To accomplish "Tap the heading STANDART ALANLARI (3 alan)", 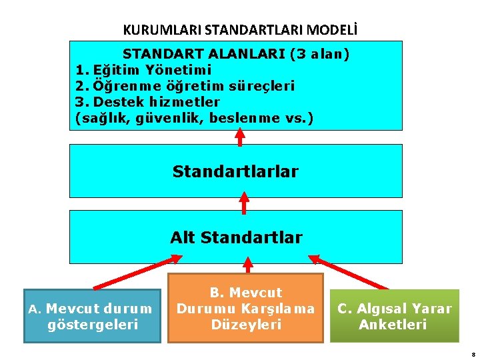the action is point(236,53).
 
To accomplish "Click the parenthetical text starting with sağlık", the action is point(194,119).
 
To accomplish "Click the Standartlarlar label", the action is point(235,171).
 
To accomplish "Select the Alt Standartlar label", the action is point(236,237).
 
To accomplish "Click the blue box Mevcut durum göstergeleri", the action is point(92,316).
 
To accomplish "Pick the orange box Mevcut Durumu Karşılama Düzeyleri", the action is point(245,309).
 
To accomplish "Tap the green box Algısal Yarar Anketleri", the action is point(394,316).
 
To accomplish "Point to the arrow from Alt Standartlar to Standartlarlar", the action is point(244,203).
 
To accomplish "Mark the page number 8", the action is point(471,355).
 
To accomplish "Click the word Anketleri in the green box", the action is point(393,325).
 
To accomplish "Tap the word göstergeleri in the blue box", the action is point(93,325).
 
